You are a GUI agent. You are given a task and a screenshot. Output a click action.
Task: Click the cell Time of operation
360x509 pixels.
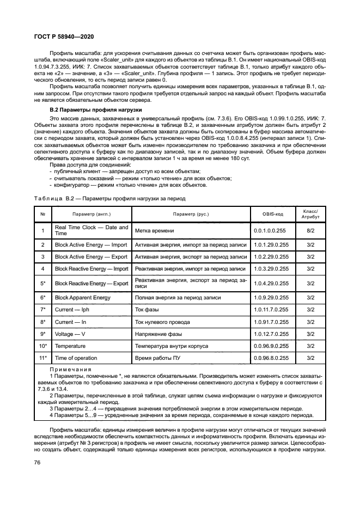(x=76, y=358)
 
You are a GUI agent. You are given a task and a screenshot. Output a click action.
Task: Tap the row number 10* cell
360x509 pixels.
(x=42, y=346)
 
